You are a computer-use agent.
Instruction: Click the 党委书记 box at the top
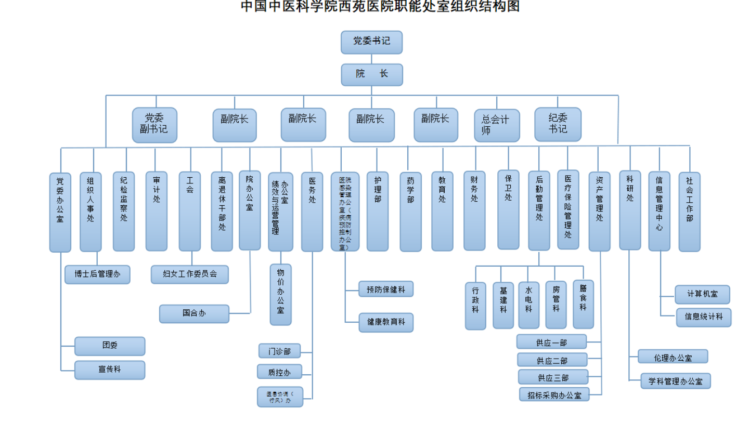pyautogui.click(x=371, y=42)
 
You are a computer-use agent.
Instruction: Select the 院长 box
pyautogui.click(x=371, y=74)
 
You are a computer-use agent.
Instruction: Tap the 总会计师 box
pyautogui.click(x=497, y=125)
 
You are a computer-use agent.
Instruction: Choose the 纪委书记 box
pyautogui.click(x=558, y=124)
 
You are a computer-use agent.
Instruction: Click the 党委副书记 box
pyautogui.click(x=154, y=125)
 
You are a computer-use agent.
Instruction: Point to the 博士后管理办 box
pyautogui.click(x=97, y=274)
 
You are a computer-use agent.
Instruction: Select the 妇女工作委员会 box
pyautogui.click(x=190, y=274)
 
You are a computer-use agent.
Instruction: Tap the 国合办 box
pyautogui.click(x=194, y=313)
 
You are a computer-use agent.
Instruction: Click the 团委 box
pyautogui.click(x=110, y=346)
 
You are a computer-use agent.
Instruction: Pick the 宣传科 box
pyautogui.click(x=110, y=370)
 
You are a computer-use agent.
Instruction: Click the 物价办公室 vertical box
pyautogui.click(x=281, y=294)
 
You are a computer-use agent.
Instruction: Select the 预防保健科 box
pyautogui.click(x=386, y=289)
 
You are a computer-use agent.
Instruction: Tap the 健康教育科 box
pyautogui.click(x=386, y=322)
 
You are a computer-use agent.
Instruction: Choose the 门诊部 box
pyautogui.click(x=280, y=351)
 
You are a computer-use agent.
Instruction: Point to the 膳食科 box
pyautogui.click(x=583, y=304)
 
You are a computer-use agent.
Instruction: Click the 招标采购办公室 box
pyautogui.click(x=554, y=394)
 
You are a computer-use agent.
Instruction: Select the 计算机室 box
pyautogui.click(x=702, y=294)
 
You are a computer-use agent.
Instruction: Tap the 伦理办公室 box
pyautogui.click(x=673, y=357)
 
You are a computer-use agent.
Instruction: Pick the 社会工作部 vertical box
pyautogui.click(x=689, y=212)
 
